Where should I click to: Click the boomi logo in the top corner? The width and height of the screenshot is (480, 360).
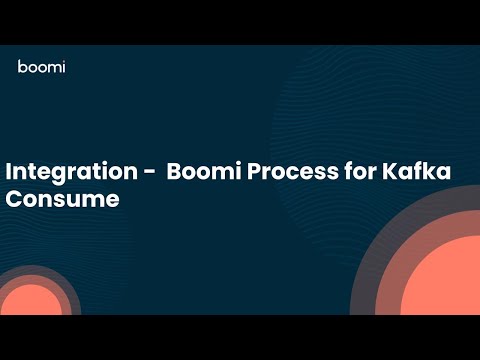[41, 67]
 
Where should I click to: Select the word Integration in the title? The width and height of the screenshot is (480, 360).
[69, 172]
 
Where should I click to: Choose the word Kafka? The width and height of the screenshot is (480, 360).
[416, 171]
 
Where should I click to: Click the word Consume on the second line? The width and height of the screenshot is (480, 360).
[62, 198]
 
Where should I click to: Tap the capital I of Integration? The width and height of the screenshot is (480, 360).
[9, 171]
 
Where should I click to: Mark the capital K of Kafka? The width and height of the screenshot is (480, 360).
[389, 171]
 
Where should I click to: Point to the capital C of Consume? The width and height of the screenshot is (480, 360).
[15, 198]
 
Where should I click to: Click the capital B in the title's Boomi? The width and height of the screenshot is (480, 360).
[175, 171]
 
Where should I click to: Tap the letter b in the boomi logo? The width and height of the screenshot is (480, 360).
[22, 66]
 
